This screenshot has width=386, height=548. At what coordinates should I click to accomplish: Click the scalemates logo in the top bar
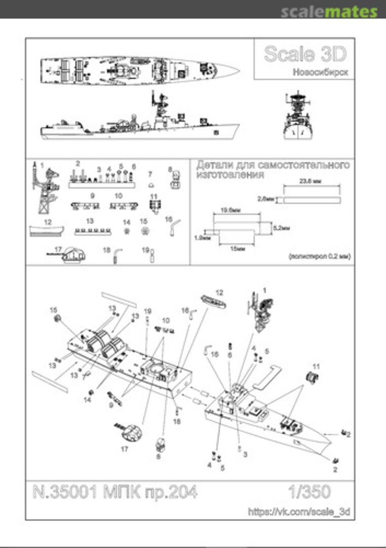pyautogui.click(x=329, y=11)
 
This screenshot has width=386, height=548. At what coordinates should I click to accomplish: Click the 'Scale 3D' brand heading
pyautogui.click(x=305, y=54)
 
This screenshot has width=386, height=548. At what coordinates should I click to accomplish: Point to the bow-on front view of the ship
pyautogui.click(x=297, y=118)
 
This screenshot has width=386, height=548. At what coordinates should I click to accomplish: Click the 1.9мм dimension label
pyautogui.click(x=202, y=237)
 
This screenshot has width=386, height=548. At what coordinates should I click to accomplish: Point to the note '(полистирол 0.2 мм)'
pyautogui.click(x=319, y=257)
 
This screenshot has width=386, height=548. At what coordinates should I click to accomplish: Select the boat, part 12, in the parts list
pyautogui.click(x=47, y=231)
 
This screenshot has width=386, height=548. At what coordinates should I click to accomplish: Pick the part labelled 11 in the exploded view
pyautogui.click(x=312, y=378)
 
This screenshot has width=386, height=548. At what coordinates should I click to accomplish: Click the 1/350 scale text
pyautogui.click(x=308, y=491)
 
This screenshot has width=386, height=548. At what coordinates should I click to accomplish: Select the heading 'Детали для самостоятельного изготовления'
pyautogui.click(x=273, y=170)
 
